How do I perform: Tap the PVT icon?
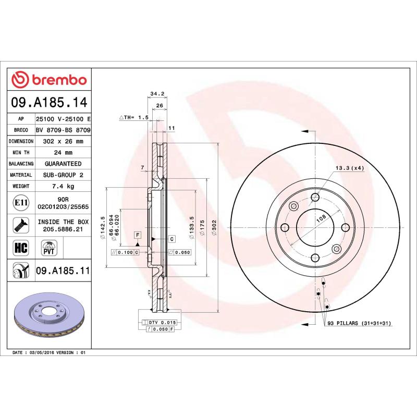point(48,247)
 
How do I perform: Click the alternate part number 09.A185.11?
point(63,271)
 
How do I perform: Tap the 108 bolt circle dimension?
point(322,220)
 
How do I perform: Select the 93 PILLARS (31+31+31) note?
point(359,324)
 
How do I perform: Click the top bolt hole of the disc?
point(315,197)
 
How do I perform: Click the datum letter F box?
point(138,235)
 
